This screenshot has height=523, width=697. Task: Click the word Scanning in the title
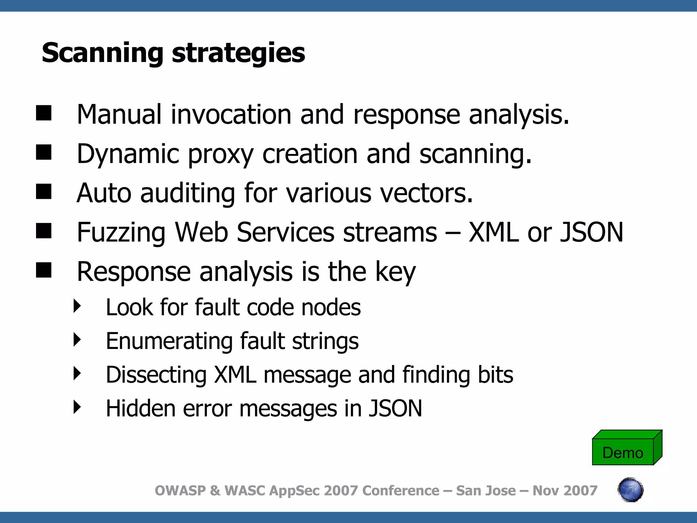(x=102, y=53)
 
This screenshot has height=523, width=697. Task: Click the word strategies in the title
(x=238, y=53)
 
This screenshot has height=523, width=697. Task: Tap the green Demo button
(x=623, y=452)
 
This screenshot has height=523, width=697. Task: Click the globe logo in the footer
(x=630, y=490)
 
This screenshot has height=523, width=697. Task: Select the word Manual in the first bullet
(x=119, y=115)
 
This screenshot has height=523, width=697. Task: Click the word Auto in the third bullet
(x=104, y=193)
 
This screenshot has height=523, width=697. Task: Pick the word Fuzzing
(x=121, y=233)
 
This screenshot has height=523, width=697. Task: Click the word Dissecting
(x=156, y=375)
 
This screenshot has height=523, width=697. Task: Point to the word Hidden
(x=140, y=408)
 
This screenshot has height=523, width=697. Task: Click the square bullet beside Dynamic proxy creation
(x=44, y=152)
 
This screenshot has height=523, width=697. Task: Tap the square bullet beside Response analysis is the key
(x=44, y=270)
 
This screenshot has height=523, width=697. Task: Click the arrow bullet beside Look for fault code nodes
(x=77, y=306)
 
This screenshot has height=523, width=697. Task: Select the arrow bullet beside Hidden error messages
(x=77, y=407)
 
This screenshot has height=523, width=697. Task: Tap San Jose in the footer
(x=486, y=491)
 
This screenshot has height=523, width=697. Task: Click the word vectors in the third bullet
(x=426, y=193)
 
